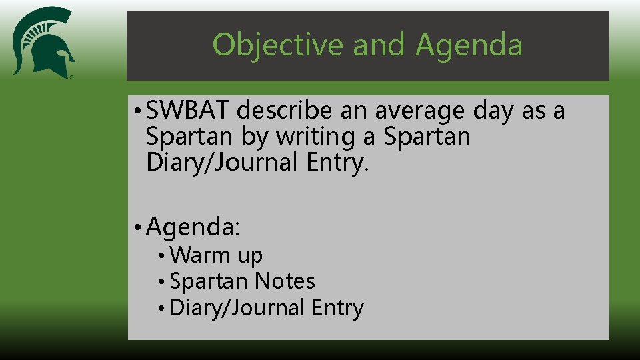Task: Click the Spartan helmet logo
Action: point(43,43)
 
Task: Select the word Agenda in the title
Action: point(469,45)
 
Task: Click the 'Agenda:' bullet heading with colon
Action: point(193,228)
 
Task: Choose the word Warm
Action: point(199,255)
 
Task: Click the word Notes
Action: point(285,281)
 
